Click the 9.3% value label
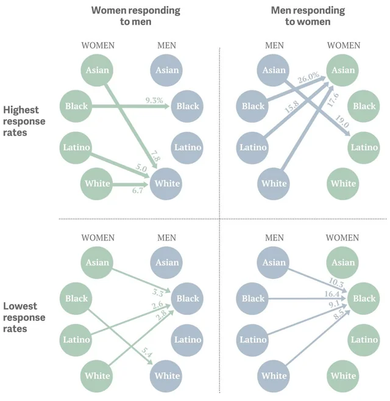click(154, 99)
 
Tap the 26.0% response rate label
click(308, 78)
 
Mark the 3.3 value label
click(158, 292)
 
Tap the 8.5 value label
click(338, 317)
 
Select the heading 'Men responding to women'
click(308, 16)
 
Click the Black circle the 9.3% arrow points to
click(188, 106)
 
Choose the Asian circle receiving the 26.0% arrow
click(344, 70)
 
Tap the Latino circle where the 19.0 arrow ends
click(364, 147)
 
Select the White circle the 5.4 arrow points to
click(167, 376)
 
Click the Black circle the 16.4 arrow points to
click(364, 298)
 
